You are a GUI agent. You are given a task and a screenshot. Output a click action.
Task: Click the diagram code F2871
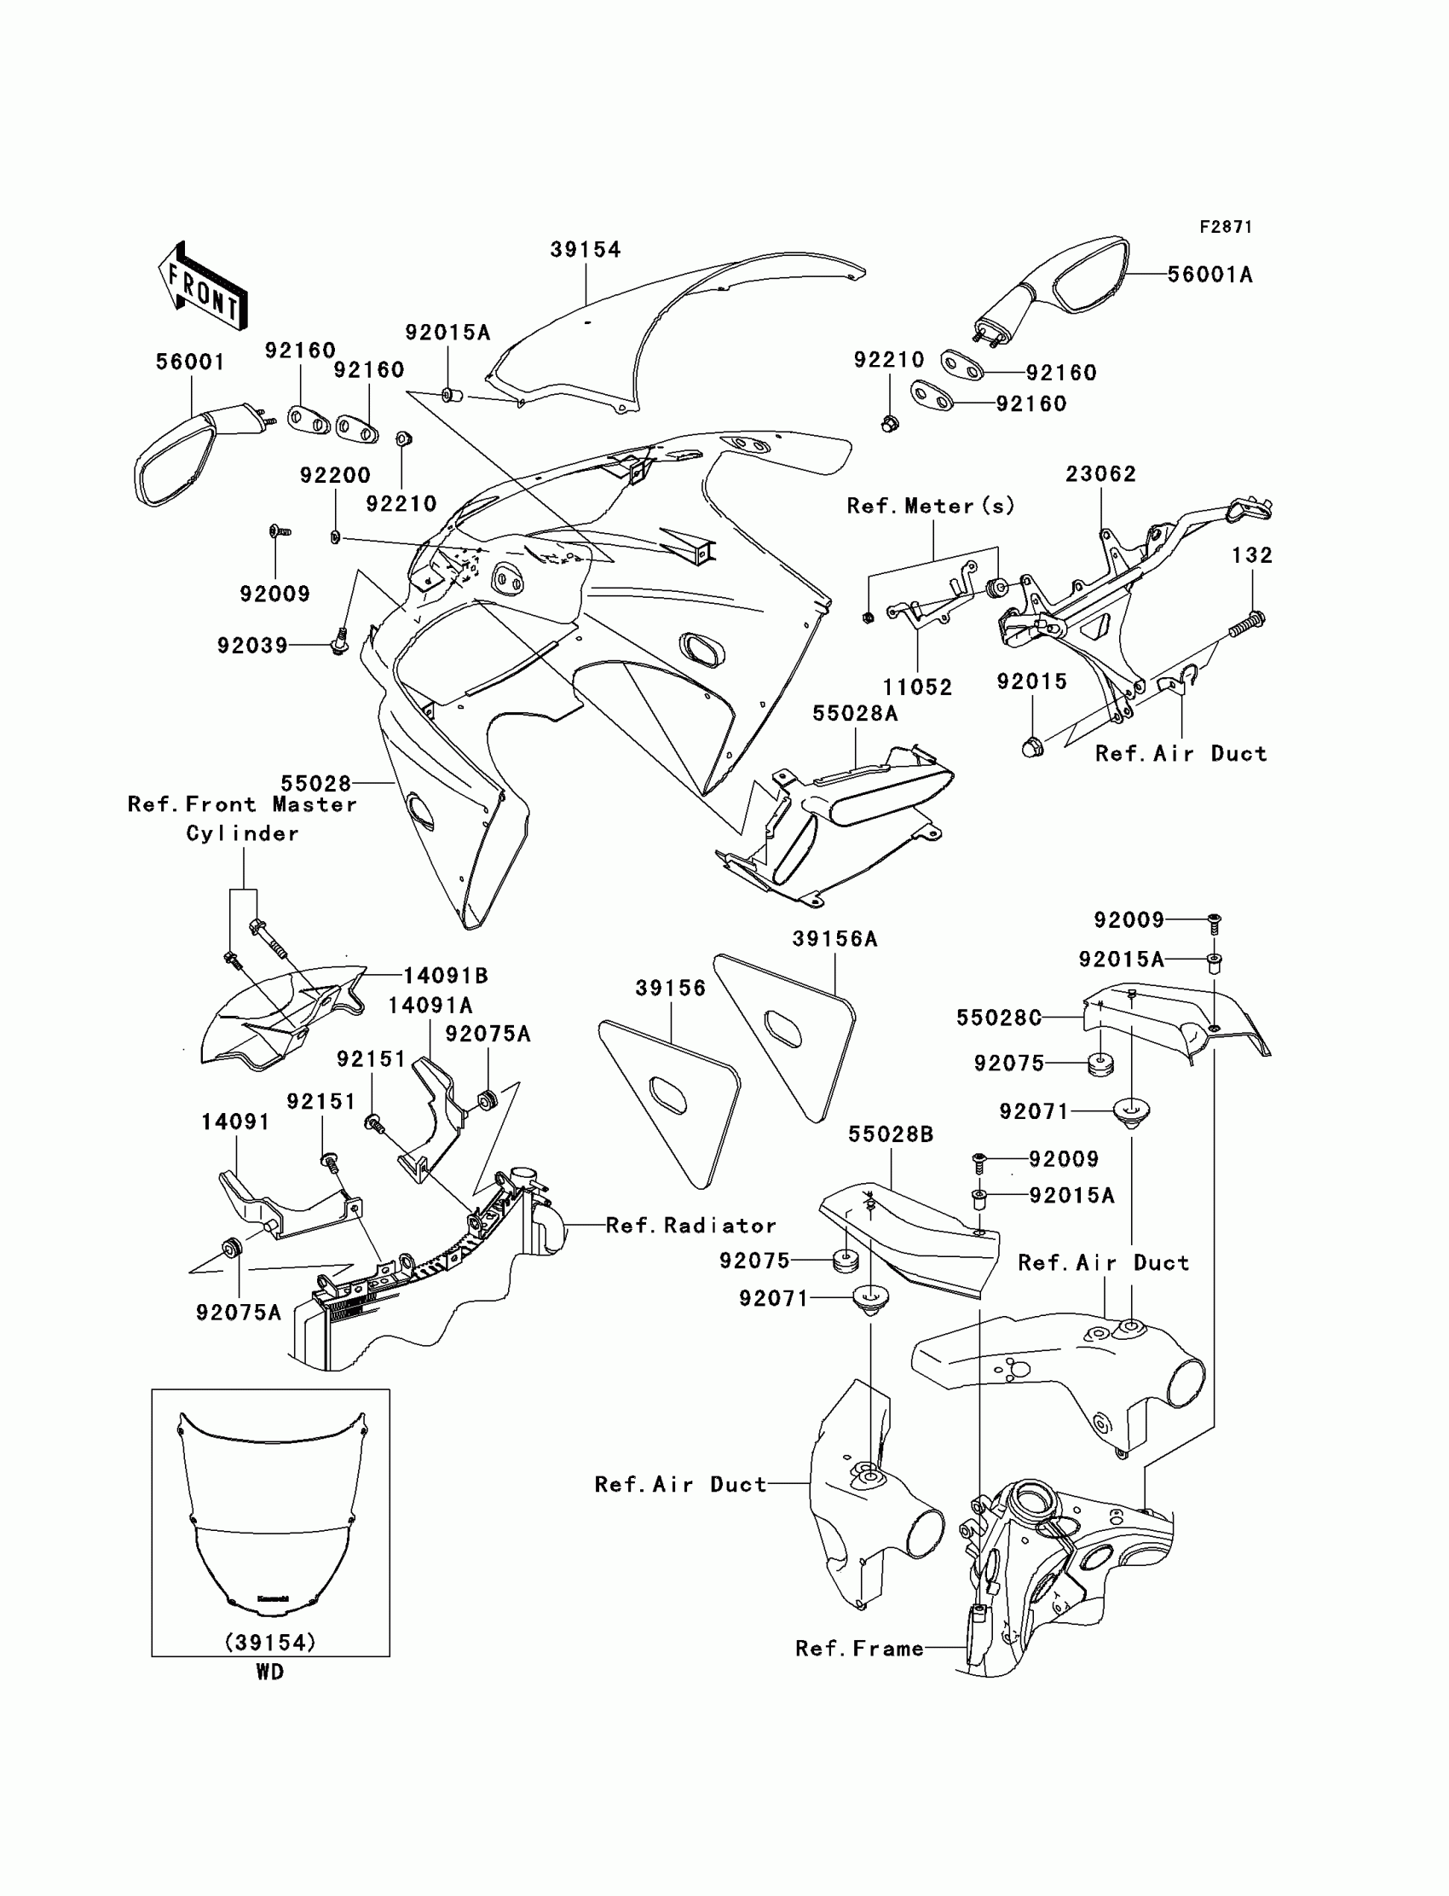click(1225, 227)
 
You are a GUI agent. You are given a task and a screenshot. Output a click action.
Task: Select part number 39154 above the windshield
click(586, 249)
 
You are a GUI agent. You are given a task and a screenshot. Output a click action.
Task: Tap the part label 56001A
click(1210, 275)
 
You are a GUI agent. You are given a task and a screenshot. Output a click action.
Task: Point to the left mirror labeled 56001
click(186, 457)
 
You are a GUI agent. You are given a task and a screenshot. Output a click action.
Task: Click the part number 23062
click(1100, 473)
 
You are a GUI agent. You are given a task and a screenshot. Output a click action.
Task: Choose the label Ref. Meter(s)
click(931, 506)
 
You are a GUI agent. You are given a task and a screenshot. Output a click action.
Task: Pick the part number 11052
click(917, 687)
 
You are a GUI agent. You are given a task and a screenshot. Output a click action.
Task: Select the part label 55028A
click(855, 713)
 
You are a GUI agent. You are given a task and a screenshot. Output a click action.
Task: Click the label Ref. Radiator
click(691, 1226)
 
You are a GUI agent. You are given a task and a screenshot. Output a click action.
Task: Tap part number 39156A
click(835, 938)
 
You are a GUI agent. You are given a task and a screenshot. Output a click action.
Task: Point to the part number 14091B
click(446, 975)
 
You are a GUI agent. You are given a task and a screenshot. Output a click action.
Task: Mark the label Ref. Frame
click(859, 1649)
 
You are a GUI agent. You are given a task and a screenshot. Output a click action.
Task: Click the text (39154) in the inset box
click(270, 1643)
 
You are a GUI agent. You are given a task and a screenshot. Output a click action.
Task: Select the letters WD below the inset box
click(270, 1672)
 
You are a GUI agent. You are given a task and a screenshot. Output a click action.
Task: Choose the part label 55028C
click(999, 1018)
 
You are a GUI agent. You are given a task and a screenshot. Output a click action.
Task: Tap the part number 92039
click(251, 645)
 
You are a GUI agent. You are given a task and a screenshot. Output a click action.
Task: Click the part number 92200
click(335, 475)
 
